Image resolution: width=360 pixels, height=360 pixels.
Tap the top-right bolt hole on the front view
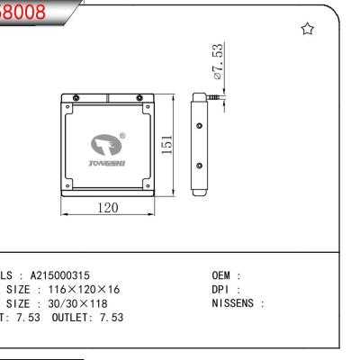[x=150, y=98]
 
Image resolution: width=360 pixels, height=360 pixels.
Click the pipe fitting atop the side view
[x=209, y=92]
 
